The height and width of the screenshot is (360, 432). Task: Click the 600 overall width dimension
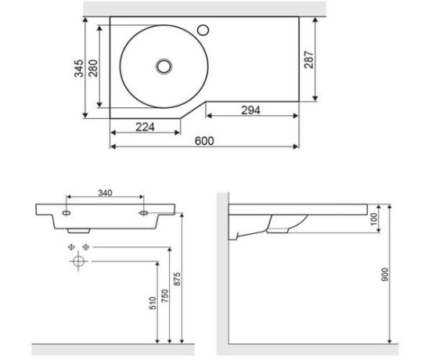(x=204, y=141)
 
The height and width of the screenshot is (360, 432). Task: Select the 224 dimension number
(x=146, y=127)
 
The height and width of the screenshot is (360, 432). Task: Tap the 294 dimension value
(x=250, y=110)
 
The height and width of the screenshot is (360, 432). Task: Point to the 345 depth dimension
(x=79, y=68)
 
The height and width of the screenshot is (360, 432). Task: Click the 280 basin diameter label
(x=93, y=68)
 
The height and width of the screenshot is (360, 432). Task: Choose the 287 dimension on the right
(x=309, y=59)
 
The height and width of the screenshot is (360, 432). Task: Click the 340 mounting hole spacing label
(x=105, y=193)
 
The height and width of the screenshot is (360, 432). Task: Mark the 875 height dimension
(x=177, y=279)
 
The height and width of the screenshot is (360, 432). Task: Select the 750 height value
(x=165, y=296)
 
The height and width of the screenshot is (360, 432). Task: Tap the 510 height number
(x=153, y=303)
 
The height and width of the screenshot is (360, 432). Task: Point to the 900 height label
(x=385, y=275)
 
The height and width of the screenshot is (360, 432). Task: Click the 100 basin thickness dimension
(x=373, y=219)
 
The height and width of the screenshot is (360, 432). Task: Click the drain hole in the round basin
(x=164, y=67)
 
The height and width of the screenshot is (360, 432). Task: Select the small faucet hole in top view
(x=203, y=30)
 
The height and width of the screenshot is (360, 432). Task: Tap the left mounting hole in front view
(x=67, y=213)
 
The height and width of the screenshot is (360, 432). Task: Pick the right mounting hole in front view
(x=144, y=213)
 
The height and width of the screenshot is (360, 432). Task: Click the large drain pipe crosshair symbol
(x=78, y=261)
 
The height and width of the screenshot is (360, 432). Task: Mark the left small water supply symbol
(x=71, y=247)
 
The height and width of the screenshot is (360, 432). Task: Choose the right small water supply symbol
(x=86, y=247)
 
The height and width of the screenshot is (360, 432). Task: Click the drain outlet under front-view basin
(x=79, y=231)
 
